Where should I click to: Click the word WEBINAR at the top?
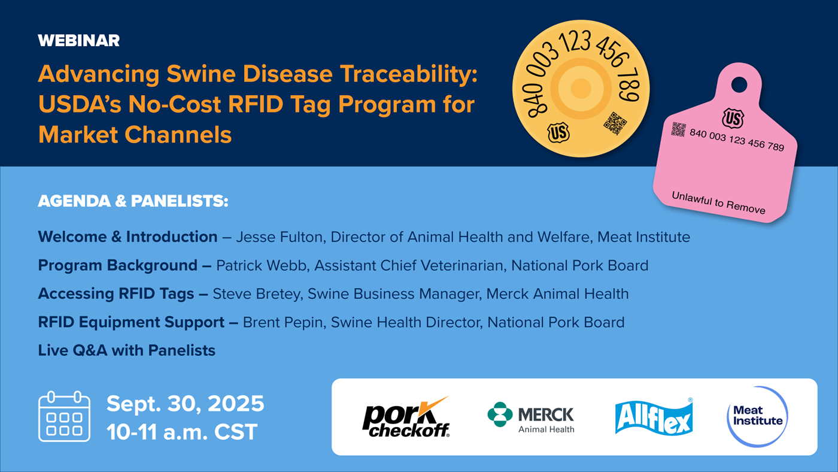point(78,40)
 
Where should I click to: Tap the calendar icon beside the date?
point(65,416)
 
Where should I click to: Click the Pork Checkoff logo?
point(406,417)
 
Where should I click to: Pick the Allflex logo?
point(654,417)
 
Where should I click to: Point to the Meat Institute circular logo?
point(757,417)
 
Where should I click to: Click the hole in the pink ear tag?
point(739,84)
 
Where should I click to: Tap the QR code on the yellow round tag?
point(615,123)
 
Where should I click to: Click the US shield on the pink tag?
point(733,118)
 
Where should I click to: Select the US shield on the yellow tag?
point(558,132)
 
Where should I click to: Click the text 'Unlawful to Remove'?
point(718,202)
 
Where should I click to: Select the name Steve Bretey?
point(257,294)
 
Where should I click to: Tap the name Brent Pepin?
point(284,322)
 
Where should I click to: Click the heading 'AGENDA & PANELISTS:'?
point(133,201)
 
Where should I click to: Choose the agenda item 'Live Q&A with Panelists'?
point(126,350)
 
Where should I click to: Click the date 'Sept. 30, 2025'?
point(185,404)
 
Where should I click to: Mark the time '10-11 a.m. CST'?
point(182,432)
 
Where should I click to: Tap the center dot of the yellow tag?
point(581,89)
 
